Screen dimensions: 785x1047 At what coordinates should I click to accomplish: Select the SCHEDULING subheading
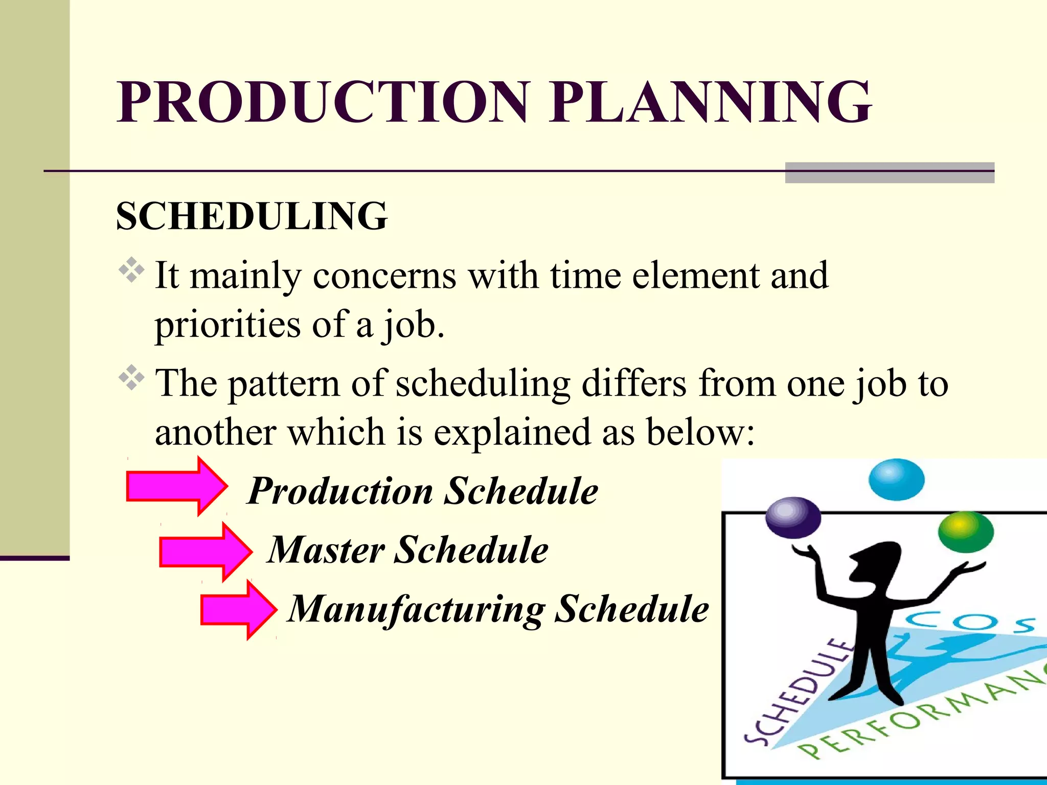tap(252, 216)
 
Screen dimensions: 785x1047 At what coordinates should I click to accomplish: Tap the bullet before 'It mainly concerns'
tap(131, 270)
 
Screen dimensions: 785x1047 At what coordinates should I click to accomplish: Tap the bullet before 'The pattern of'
tap(131, 378)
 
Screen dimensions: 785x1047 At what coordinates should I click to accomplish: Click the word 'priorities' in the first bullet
tap(227, 325)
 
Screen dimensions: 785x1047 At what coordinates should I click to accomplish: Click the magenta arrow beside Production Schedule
tap(177, 486)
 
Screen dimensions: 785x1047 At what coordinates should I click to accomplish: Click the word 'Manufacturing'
tap(417, 610)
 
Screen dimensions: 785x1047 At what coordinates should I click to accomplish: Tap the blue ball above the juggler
tap(896, 479)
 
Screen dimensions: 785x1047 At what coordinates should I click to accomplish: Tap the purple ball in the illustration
tap(793, 518)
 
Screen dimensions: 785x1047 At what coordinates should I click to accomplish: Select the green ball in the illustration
tap(965, 532)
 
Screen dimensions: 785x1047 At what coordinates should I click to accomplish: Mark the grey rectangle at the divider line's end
tap(890, 173)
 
